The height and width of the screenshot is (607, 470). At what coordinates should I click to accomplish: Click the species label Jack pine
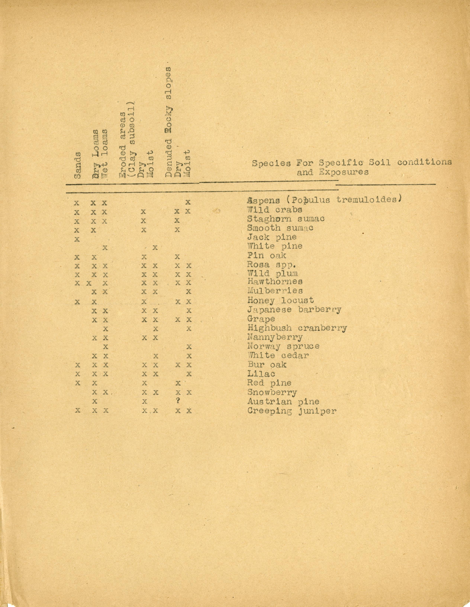tap(272, 237)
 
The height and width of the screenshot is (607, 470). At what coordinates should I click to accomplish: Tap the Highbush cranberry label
tap(297, 328)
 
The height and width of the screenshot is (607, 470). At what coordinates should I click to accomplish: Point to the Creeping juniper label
tap(292, 411)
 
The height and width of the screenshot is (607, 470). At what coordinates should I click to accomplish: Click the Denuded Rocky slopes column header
tap(168, 122)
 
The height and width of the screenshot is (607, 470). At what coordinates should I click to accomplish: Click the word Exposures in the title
tap(344, 172)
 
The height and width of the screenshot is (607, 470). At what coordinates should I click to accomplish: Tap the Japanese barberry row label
tap(294, 310)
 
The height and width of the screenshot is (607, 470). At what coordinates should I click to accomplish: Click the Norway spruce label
tap(283, 346)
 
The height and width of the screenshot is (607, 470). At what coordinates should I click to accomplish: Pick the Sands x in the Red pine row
tap(78, 383)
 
